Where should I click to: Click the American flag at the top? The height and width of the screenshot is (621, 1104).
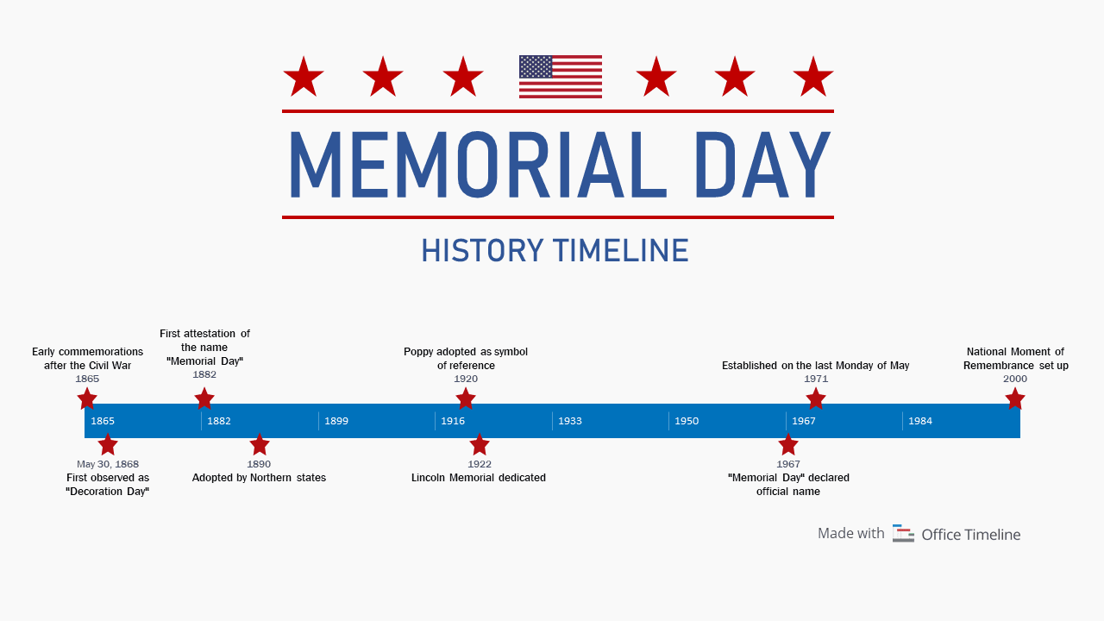point(561,77)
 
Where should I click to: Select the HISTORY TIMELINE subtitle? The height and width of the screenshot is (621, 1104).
point(555,251)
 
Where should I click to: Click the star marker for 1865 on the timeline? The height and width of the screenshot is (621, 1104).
point(87,398)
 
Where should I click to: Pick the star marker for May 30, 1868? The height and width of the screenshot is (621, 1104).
point(108,445)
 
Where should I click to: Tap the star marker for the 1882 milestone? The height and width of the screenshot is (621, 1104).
point(204,398)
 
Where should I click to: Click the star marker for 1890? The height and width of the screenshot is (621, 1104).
point(260,445)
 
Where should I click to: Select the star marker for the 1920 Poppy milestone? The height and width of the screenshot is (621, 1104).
point(466,398)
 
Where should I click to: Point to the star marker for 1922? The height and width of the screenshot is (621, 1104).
point(480,445)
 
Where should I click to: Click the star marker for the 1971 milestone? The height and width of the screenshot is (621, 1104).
point(816,398)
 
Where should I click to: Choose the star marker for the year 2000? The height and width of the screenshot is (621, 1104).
point(1015,398)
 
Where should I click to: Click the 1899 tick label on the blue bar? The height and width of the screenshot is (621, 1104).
point(336,421)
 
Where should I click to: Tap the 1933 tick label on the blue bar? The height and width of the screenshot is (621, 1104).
point(570,421)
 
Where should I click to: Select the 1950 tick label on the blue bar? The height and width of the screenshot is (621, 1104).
point(687,421)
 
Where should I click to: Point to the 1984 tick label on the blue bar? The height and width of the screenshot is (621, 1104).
point(920,421)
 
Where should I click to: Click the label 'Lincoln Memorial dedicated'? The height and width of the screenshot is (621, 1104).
point(479,478)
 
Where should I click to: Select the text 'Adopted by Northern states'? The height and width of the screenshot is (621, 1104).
point(259,478)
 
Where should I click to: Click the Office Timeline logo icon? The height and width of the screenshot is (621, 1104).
point(903,534)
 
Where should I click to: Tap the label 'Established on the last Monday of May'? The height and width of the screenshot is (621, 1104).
point(815,366)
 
